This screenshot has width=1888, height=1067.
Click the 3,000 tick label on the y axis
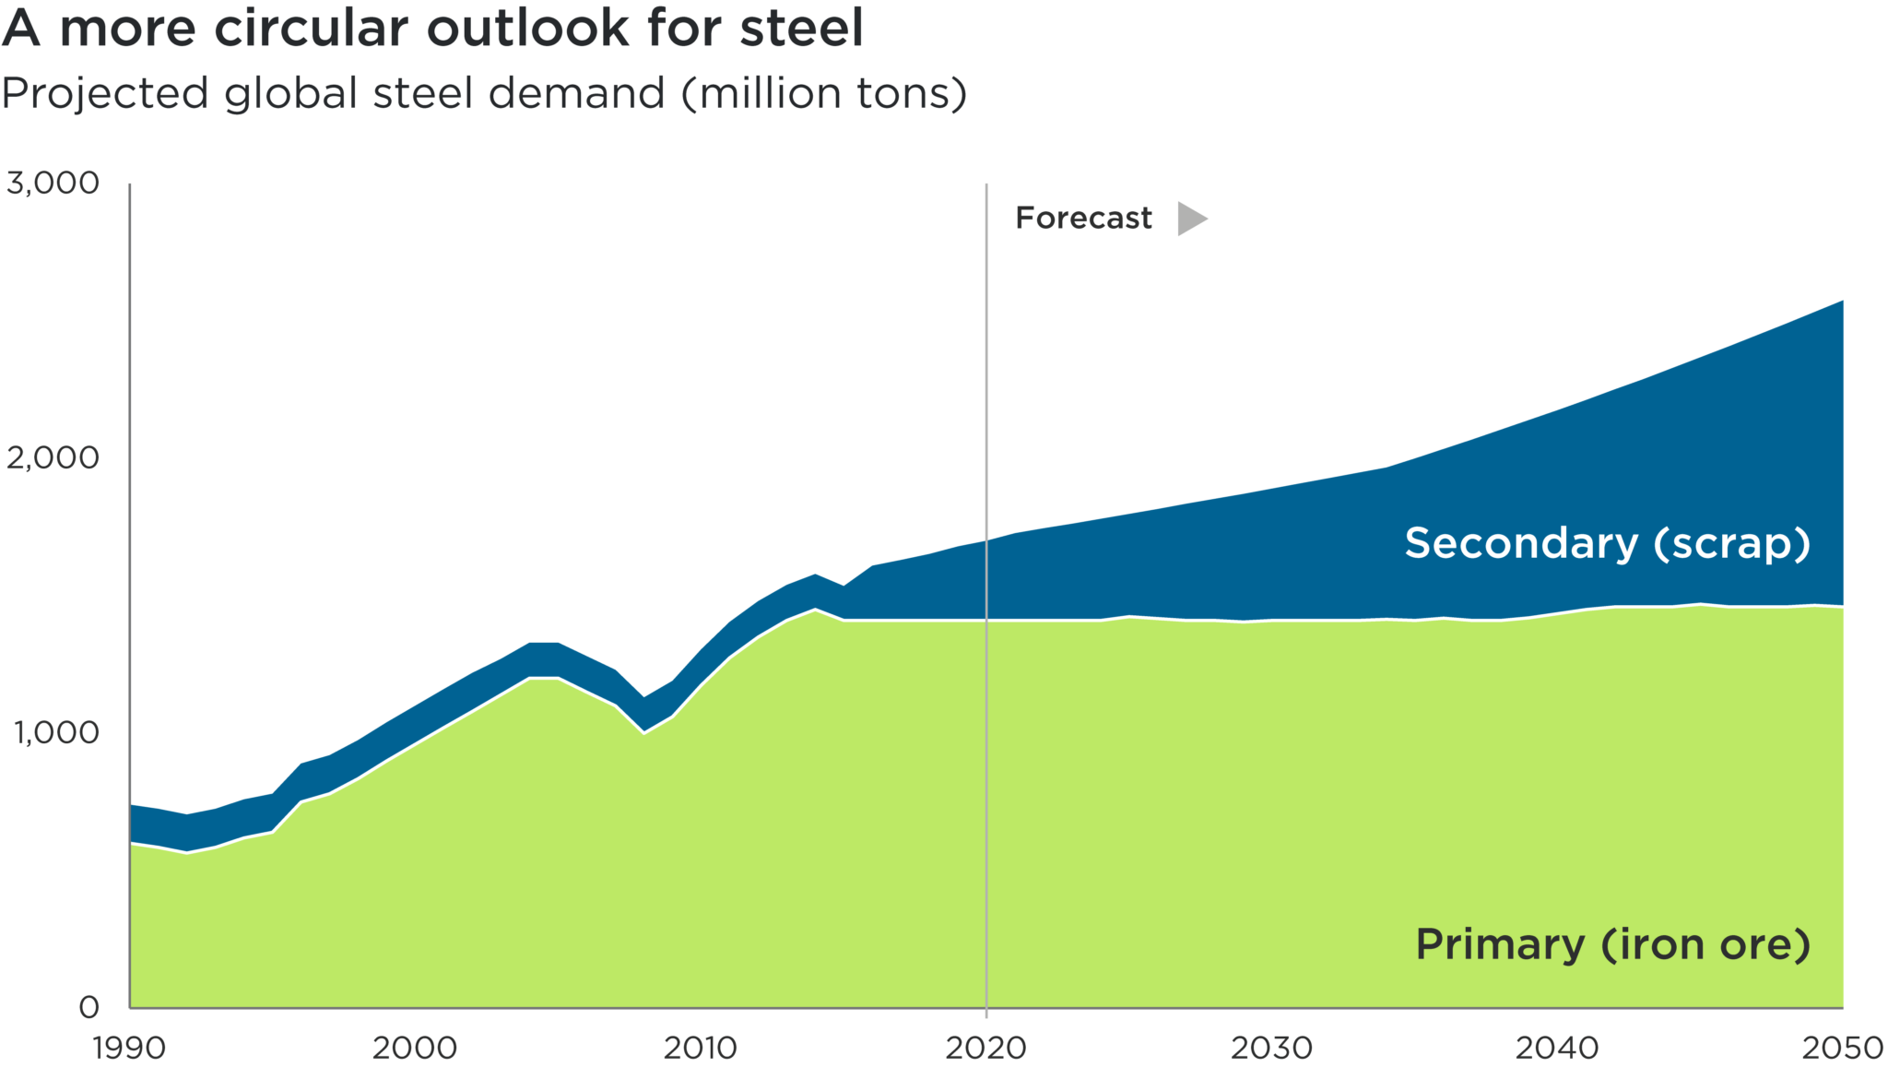(x=53, y=184)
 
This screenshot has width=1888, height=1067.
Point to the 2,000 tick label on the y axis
(x=53, y=457)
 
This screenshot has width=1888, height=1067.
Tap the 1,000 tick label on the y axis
(x=55, y=733)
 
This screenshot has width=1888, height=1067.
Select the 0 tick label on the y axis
(x=88, y=1006)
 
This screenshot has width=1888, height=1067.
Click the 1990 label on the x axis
(x=130, y=1049)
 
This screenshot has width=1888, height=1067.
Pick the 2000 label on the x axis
(x=415, y=1049)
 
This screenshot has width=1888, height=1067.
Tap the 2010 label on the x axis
(x=701, y=1049)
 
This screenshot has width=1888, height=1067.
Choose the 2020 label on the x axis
(x=986, y=1049)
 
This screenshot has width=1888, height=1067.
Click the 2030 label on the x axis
(x=1272, y=1049)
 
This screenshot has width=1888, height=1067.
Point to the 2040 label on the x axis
(x=1557, y=1049)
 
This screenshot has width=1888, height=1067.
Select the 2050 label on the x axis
(x=1842, y=1049)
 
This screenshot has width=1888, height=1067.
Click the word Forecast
(x=1083, y=219)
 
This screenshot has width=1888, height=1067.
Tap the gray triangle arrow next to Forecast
(x=1191, y=219)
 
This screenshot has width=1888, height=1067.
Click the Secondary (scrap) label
(x=1607, y=543)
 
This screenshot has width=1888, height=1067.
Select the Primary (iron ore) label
(x=1612, y=945)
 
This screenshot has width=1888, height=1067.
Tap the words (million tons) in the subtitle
(x=824, y=94)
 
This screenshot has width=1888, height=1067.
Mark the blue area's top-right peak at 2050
(x=1841, y=302)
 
